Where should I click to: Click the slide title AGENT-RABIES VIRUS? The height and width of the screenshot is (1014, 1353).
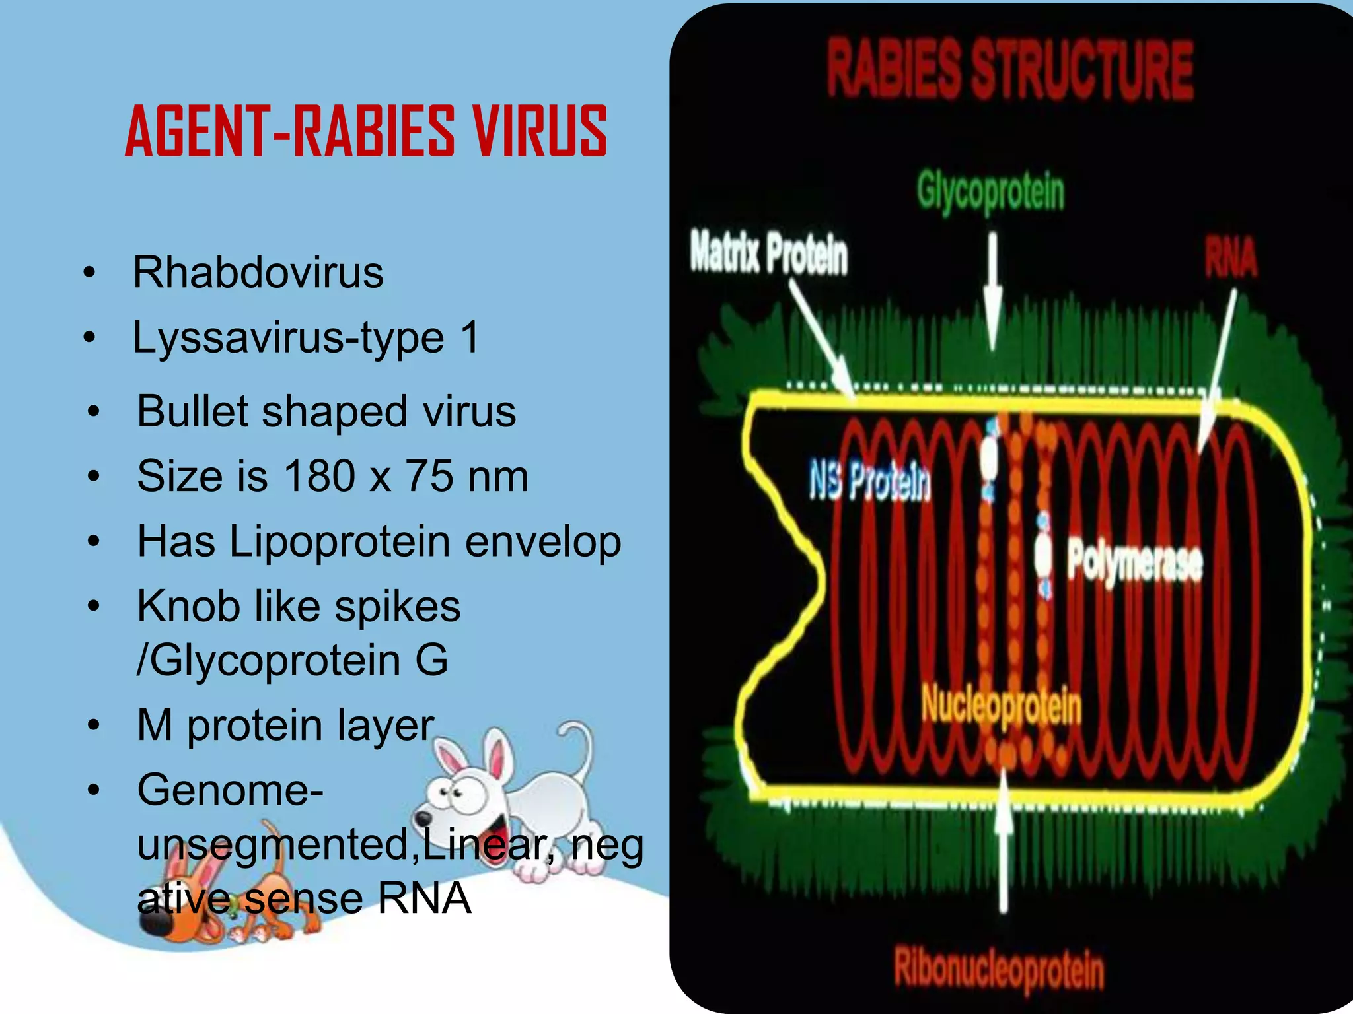pos(365,132)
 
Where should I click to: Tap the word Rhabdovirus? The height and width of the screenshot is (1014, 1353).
pos(258,272)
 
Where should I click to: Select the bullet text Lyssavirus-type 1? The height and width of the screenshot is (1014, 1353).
pos(306,337)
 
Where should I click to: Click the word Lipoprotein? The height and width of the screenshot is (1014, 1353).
pos(340,541)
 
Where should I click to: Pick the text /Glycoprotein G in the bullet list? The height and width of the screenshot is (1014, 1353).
pos(292,660)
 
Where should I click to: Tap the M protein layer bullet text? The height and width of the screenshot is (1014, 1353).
pos(285,725)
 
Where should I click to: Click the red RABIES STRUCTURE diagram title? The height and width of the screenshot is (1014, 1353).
pos(1010,69)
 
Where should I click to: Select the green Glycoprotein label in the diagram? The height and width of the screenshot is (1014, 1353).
pos(990,192)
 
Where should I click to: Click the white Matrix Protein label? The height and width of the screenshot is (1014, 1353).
pos(769,254)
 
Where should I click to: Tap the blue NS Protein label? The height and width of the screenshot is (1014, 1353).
pos(870,481)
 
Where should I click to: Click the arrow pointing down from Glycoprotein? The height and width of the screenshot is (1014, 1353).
pos(992,290)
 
